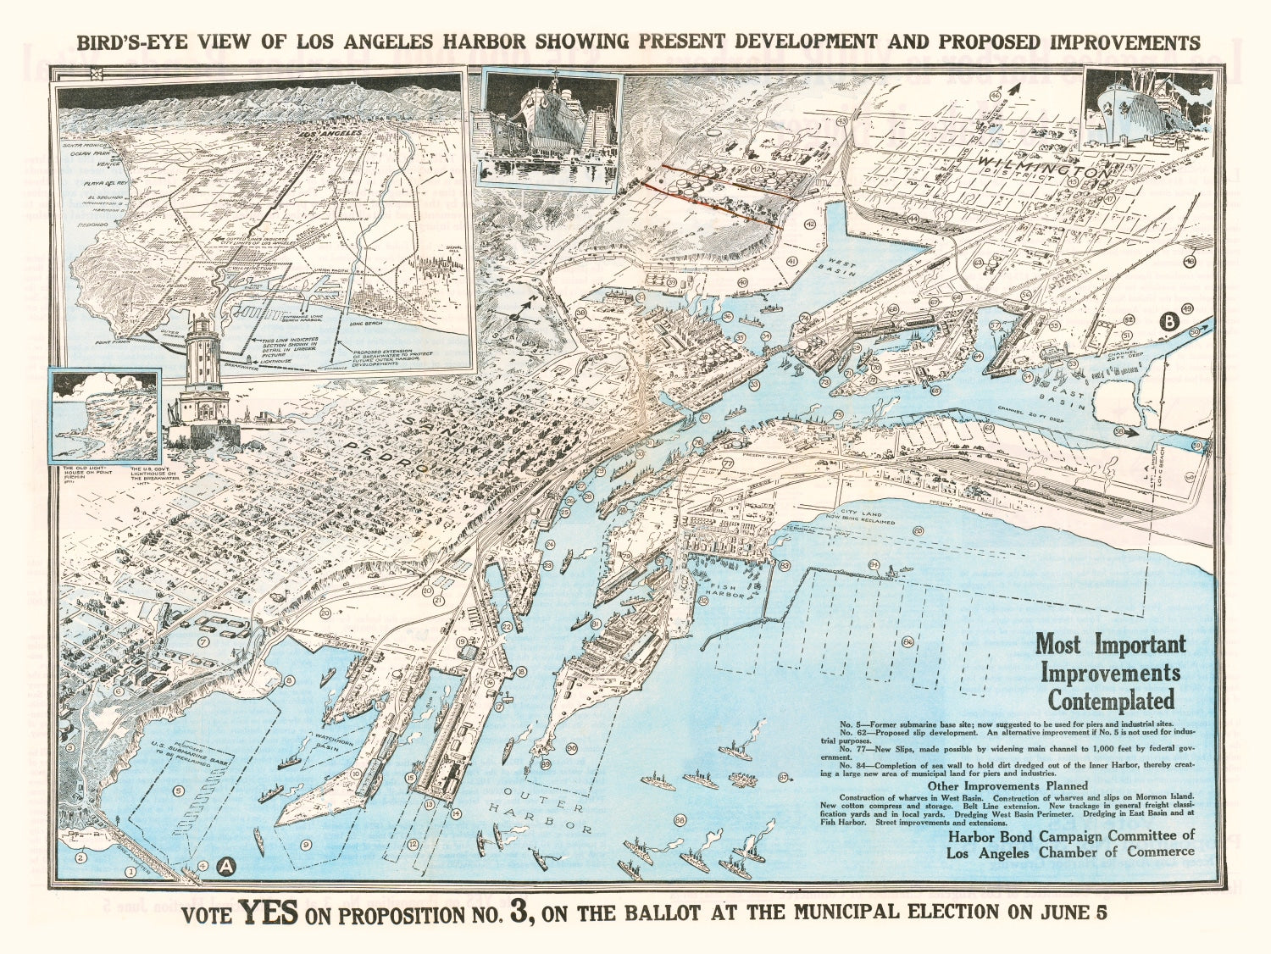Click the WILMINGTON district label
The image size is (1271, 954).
tap(1045, 166)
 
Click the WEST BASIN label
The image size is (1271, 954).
tap(842, 269)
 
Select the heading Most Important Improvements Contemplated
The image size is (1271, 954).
tap(1110, 672)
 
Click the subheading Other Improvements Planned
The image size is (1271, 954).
tap(1006, 785)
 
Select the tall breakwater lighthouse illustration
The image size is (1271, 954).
tap(202, 381)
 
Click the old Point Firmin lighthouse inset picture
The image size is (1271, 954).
tap(104, 415)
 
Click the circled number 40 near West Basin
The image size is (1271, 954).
tap(742, 282)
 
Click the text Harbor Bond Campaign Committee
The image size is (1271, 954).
tap(1071, 835)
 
